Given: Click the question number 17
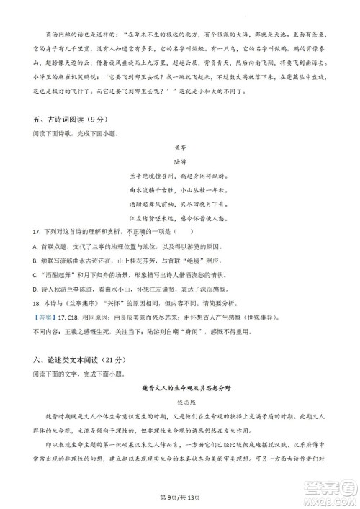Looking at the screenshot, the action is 35,232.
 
